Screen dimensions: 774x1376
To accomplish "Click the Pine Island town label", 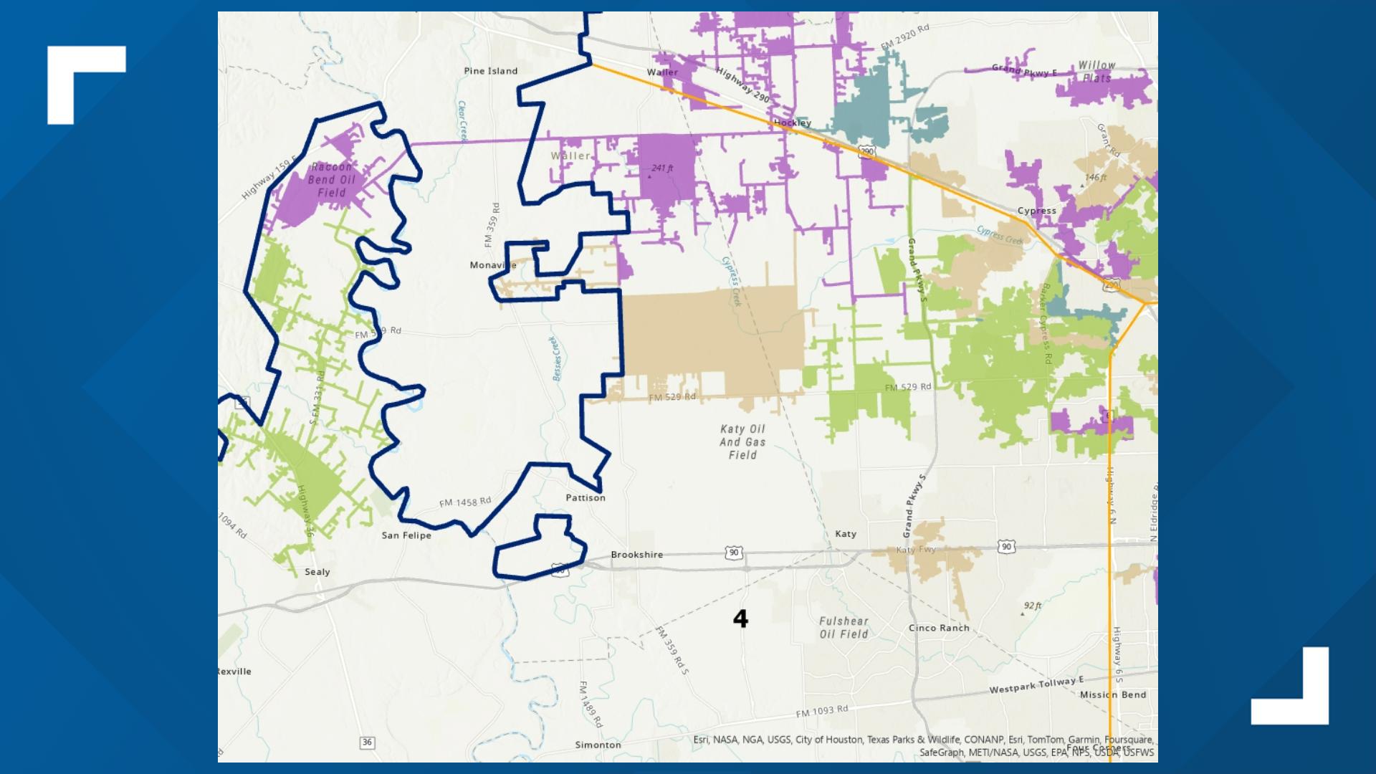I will click(x=490, y=71).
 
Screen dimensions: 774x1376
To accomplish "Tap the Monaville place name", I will click(x=492, y=265).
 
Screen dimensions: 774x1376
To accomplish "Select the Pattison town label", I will click(x=586, y=497).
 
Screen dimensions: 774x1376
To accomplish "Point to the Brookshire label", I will click(x=636, y=555).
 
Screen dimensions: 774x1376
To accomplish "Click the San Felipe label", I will click(x=406, y=535).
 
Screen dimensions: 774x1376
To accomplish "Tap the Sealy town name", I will click(x=317, y=572).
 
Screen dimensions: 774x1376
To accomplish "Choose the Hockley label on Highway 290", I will click(x=792, y=123).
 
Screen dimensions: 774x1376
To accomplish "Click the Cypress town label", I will click(x=1036, y=211).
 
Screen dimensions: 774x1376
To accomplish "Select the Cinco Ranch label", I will click(x=939, y=628).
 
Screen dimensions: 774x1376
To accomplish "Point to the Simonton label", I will click(x=598, y=745).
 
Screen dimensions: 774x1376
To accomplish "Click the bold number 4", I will click(x=740, y=618).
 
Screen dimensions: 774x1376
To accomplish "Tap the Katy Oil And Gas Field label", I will click(x=742, y=441).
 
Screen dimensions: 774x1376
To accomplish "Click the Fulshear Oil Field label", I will click(x=844, y=628).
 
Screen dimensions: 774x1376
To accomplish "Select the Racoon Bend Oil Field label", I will click(x=332, y=180).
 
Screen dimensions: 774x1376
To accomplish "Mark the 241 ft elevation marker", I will click(x=661, y=169).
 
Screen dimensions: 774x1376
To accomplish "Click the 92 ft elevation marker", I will click(x=1031, y=607).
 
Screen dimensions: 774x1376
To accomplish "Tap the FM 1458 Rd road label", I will click(x=465, y=502).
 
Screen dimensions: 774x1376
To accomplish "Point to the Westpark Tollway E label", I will click(x=1036, y=685).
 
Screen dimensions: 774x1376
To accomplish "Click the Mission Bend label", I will click(x=1113, y=694).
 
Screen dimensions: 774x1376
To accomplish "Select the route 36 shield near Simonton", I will click(x=367, y=742).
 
